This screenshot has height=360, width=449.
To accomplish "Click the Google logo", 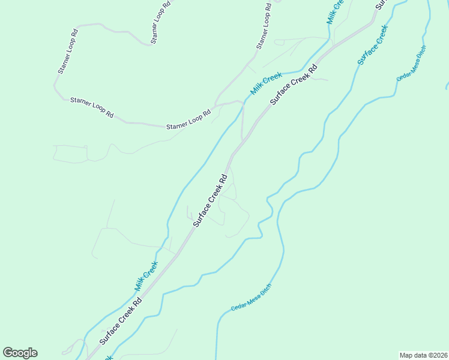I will coord(20,353).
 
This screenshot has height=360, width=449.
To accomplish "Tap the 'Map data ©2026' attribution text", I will coord(423,355).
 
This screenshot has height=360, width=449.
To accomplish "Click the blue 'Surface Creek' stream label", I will coord(373,45).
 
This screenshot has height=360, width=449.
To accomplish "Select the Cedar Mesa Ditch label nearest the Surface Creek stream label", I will coord(411,64).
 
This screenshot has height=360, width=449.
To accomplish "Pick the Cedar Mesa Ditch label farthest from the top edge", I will coord(251,298).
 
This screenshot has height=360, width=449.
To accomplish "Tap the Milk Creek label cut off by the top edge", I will coord(334,11).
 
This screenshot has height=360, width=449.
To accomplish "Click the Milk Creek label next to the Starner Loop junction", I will coord(267,83).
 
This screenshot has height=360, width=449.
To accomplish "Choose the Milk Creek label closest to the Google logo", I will coord(146,276).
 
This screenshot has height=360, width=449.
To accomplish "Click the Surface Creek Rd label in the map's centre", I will coord(210,200).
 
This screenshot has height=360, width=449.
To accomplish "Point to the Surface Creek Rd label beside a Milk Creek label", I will coord(293,86).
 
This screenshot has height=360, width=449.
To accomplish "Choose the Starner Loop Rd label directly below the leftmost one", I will coord(92,107).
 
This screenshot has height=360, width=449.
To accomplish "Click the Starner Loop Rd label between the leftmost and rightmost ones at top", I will coord(161,22).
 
